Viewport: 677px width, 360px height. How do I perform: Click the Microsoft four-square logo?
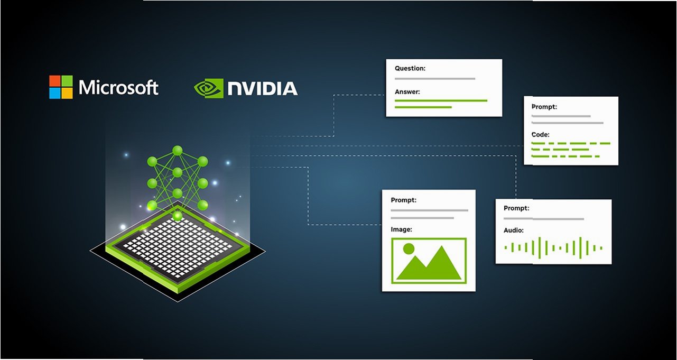(x=61, y=87)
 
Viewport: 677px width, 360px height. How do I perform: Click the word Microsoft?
(x=118, y=87)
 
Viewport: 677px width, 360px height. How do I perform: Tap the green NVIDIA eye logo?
(x=208, y=88)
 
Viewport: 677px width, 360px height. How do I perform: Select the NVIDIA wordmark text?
(x=262, y=88)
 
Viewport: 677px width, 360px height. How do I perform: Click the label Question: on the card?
(x=410, y=68)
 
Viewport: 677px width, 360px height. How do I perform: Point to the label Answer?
(x=407, y=91)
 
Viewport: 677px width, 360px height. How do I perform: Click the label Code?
(x=540, y=135)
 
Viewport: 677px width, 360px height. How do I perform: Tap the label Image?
(x=401, y=229)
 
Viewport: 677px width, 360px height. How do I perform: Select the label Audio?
(x=513, y=230)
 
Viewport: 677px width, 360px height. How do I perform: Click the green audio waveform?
(x=553, y=247)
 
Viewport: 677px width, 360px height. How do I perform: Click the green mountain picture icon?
(x=429, y=261)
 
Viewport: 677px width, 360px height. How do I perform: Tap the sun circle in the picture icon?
(x=408, y=247)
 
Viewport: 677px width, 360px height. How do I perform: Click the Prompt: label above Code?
(x=544, y=107)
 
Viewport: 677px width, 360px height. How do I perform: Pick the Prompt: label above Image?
(x=403, y=200)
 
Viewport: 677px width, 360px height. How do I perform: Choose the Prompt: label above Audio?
(x=516, y=208)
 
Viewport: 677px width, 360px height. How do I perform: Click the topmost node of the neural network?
(x=177, y=150)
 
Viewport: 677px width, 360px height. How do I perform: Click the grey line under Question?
(x=434, y=79)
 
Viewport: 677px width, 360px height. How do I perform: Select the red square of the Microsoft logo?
(x=55, y=81)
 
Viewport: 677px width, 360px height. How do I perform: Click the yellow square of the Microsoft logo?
(x=67, y=93)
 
